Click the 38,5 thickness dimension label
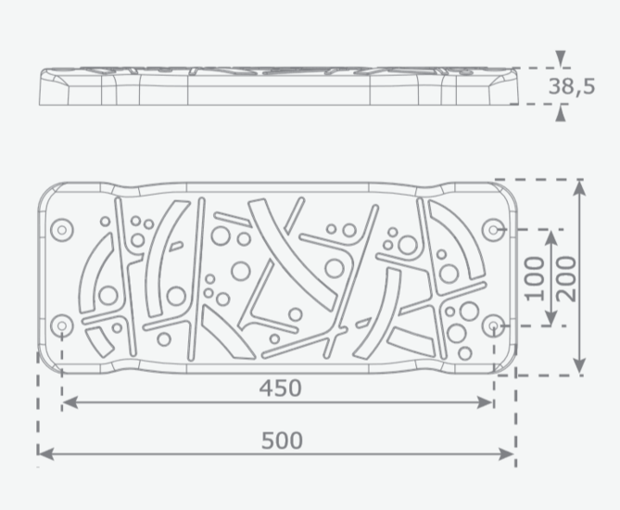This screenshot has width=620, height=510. [572, 86]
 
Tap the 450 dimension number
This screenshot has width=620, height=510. [281, 389]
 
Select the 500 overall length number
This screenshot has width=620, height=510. [282, 440]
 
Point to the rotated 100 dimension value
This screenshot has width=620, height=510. [536, 278]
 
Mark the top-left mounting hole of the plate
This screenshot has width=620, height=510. [62, 229]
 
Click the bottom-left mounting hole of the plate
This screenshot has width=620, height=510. [62, 326]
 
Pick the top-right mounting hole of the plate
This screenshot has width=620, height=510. [493, 229]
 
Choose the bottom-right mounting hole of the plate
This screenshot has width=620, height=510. [493, 326]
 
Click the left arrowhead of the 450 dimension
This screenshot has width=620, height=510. [70, 402]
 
